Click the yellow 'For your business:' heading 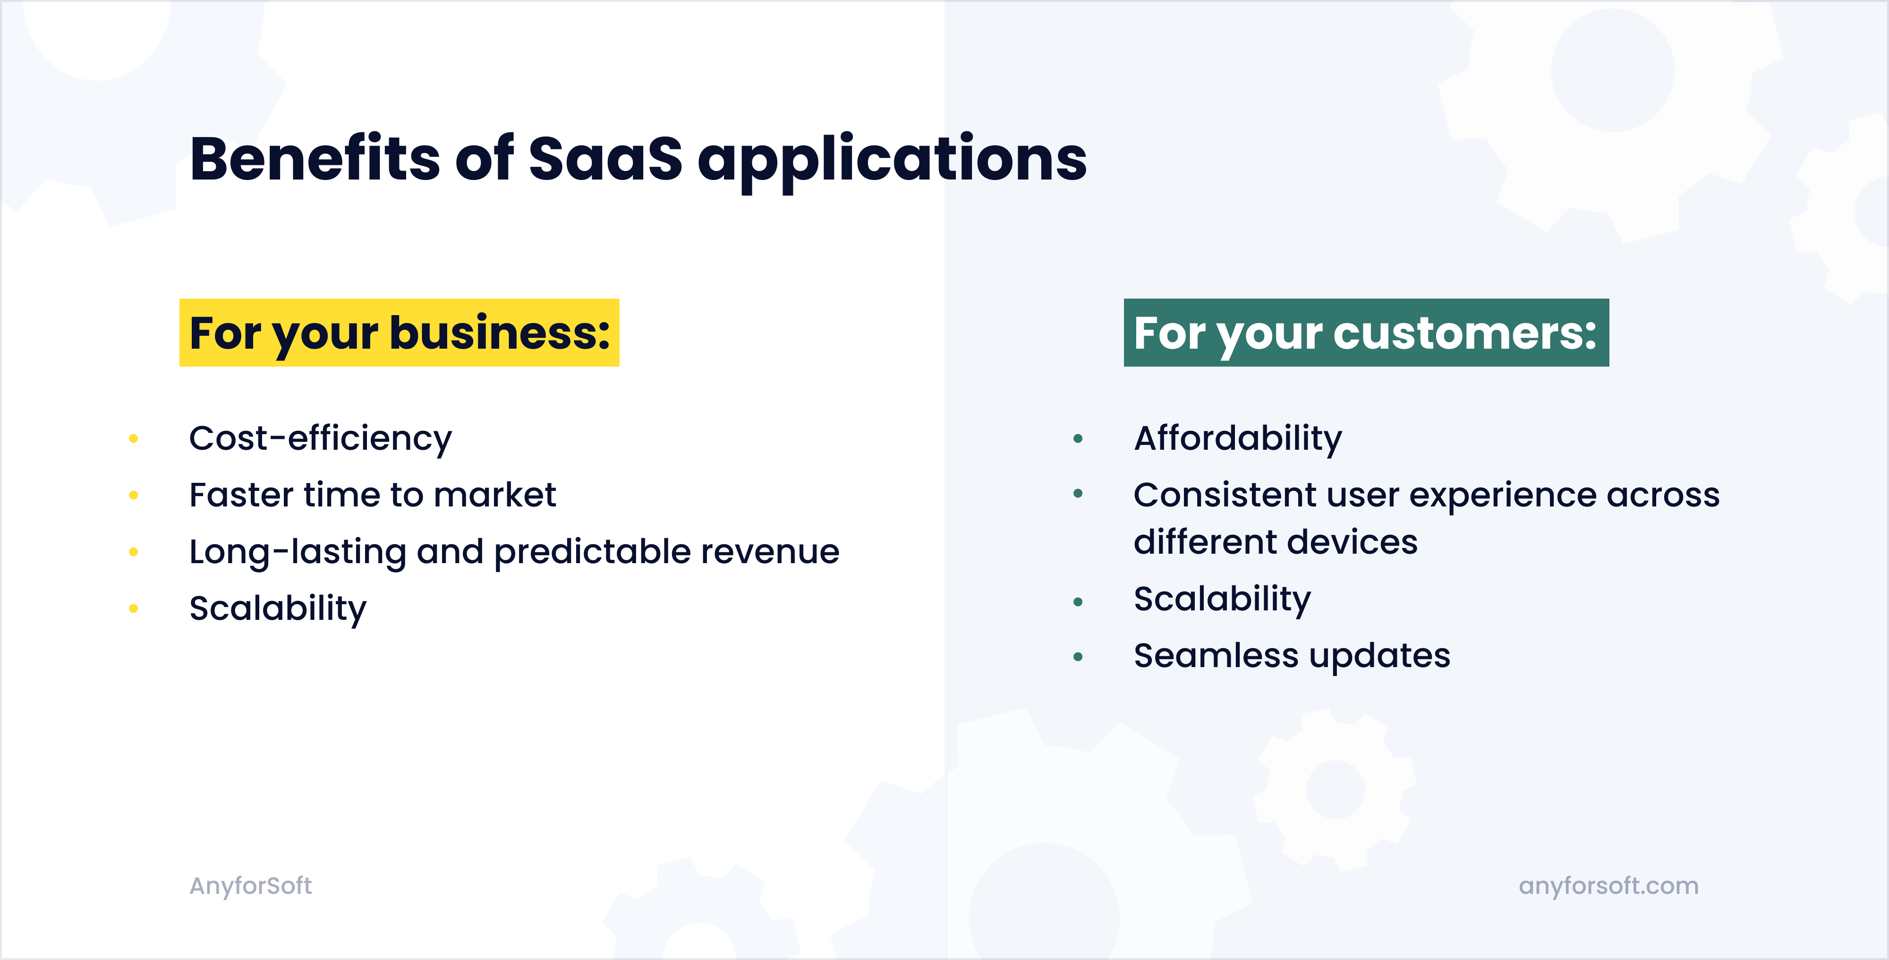pyautogui.click(x=399, y=333)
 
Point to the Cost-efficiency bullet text pyautogui.click(x=321, y=438)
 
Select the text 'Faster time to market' pyautogui.click(x=373, y=495)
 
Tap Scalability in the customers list pyautogui.click(x=1222, y=599)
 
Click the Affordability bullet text pyautogui.click(x=1238, y=438)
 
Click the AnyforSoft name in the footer pyautogui.click(x=251, y=886)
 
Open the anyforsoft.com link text pyautogui.click(x=1608, y=886)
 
